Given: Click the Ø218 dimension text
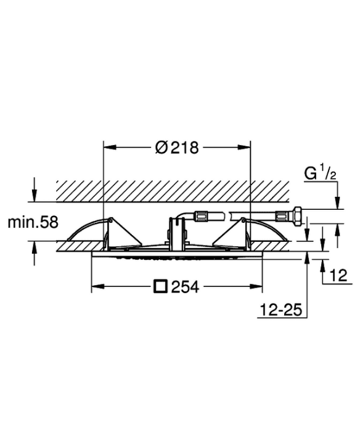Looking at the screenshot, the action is tap(177, 147).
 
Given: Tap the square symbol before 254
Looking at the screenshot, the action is tap(161, 286).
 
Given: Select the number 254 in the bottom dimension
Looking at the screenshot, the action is tap(185, 287).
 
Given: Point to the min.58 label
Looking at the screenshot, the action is tap(33, 222).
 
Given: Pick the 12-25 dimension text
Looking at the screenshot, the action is tap(280, 310).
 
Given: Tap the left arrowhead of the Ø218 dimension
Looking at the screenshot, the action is tap(109, 147).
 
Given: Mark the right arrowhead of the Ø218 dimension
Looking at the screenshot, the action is tap(244, 147).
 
